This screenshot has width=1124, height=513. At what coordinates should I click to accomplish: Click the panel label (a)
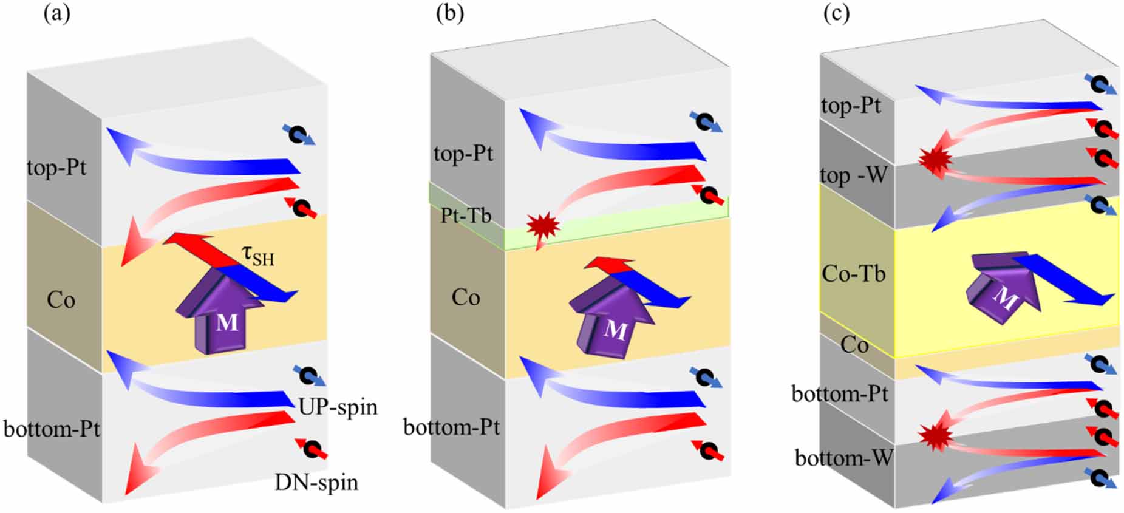[56, 14]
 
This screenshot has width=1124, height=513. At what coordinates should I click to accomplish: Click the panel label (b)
[450, 13]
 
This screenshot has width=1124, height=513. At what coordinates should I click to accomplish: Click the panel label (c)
[836, 13]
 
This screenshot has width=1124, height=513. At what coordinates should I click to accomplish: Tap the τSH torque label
[258, 256]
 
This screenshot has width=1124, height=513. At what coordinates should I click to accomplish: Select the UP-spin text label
[338, 406]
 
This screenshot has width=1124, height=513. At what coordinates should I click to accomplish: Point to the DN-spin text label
[316, 482]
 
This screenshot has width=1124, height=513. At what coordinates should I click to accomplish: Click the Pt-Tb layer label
[466, 216]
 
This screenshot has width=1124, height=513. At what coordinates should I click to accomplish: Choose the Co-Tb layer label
[853, 274]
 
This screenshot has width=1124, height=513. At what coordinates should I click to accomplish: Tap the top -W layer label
[853, 175]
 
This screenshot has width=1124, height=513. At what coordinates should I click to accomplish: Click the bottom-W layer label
[843, 458]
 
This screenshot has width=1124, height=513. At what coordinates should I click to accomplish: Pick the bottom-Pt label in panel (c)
[840, 394]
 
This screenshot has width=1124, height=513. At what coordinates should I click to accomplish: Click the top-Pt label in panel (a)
[56, 167]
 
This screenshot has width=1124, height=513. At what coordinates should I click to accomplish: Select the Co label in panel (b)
[466, 297]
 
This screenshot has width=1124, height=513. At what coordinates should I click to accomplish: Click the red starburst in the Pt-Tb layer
[542, 225]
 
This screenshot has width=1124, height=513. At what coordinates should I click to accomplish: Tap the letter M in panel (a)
[227, 322]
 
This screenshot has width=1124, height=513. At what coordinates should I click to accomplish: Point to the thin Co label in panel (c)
[854, 345]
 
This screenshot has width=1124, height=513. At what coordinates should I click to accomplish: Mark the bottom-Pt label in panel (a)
[52, 429]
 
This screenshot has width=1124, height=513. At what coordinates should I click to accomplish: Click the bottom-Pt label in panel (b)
[451, 427]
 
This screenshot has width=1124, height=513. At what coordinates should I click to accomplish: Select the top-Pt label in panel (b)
[463, 154]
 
